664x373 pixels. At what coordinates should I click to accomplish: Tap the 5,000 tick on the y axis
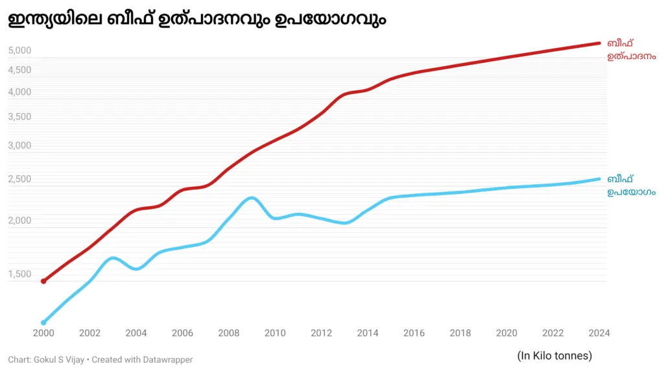click(19, 51)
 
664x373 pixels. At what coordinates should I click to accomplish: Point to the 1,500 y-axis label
click(19, 274)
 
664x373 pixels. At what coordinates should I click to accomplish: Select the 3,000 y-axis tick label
click(19, 145)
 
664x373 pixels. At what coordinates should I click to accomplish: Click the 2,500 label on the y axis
click(19, 179)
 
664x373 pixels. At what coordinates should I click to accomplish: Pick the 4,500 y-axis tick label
click(19, 70)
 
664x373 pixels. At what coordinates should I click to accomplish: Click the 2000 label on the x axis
click(43, 333)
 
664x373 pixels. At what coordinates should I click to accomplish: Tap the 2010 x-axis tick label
click(275, 333)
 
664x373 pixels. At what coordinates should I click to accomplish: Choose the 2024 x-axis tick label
click(599, 333)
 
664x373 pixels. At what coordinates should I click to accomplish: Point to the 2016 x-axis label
click(414, 333)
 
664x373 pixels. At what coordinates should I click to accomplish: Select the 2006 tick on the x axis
click(182, 333)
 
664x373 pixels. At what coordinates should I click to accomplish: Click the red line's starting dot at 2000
click(43, 281)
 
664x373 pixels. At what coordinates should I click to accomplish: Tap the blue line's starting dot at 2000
click(43, 322)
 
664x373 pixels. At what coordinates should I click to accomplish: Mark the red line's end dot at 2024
click(599, 43)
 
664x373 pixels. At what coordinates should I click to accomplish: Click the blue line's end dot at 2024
click(599, 179)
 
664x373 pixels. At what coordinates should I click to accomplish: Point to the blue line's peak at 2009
click(252, 198)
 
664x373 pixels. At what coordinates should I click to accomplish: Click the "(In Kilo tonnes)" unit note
click(554, 355)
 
